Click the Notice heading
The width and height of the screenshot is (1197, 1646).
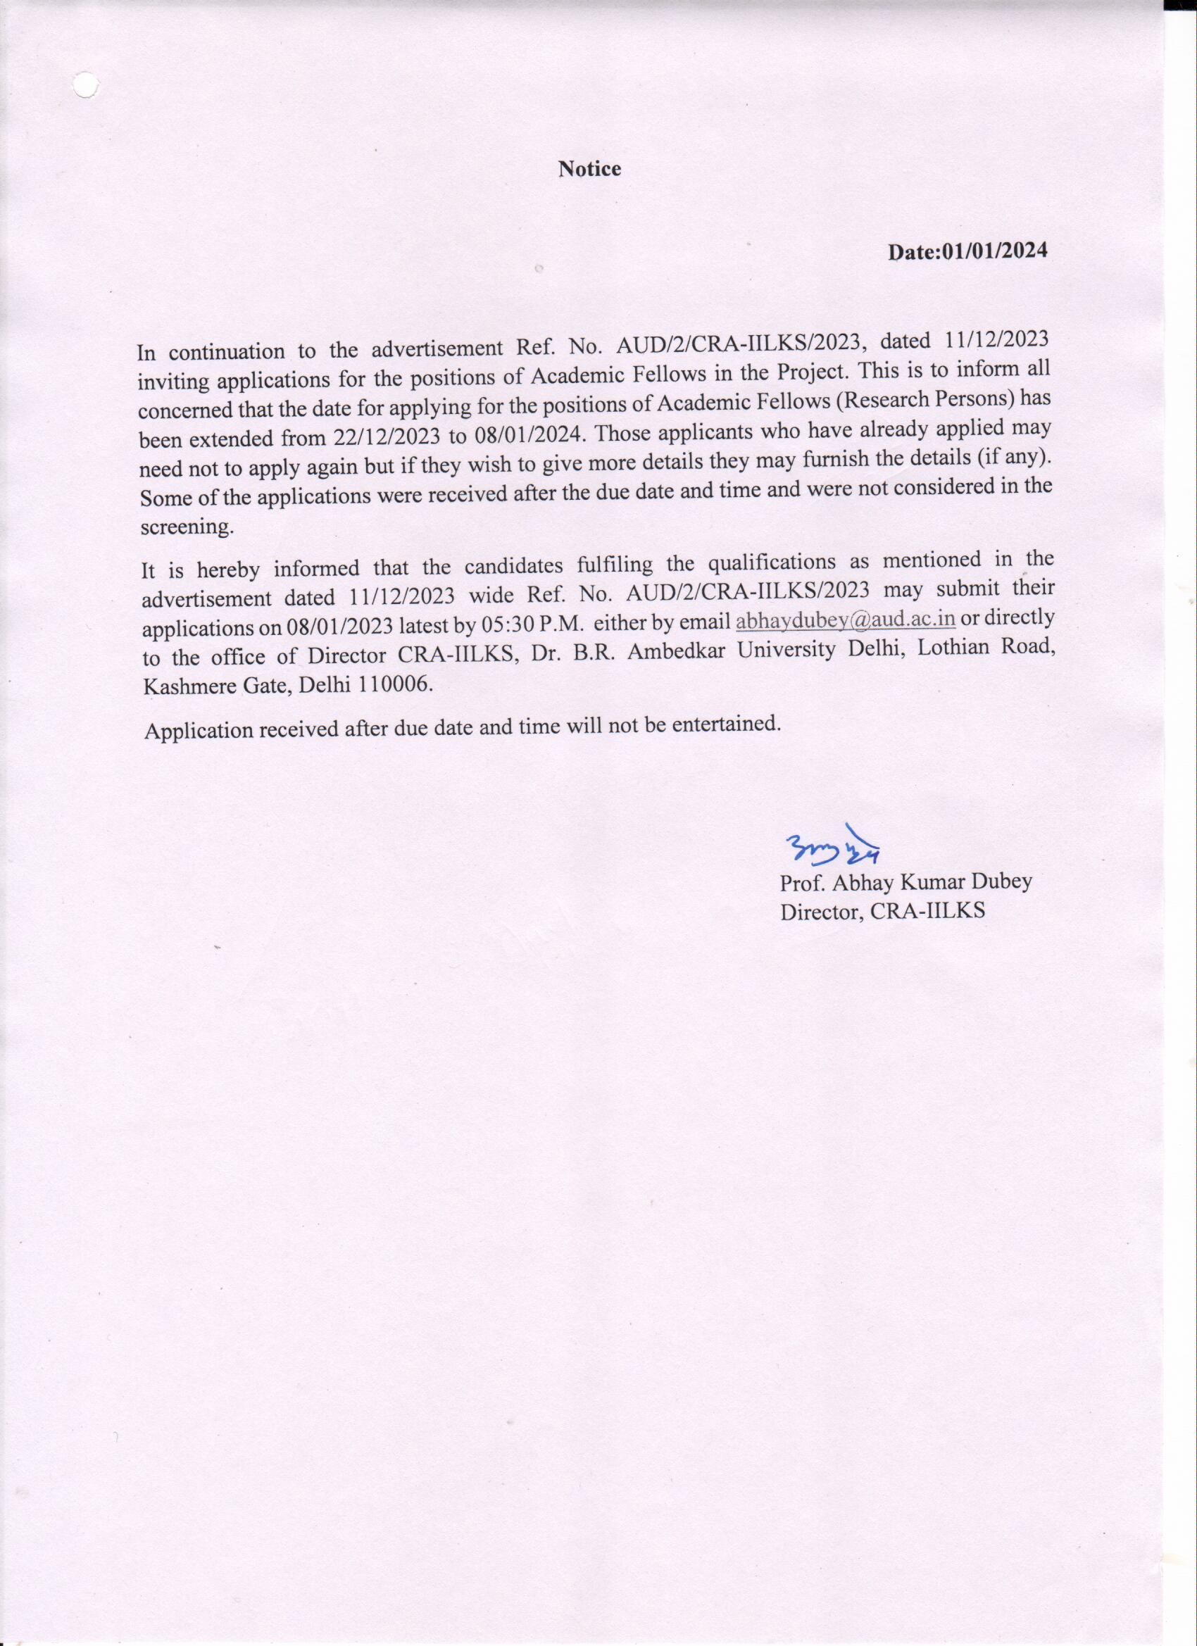point(589,169)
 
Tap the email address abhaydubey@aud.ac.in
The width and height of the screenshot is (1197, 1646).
point(846,620)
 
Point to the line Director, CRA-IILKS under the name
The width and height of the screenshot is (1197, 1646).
point(882,912)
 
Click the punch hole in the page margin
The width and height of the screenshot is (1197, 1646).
point(86,85)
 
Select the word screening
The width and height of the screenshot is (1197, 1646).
point(187,527)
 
